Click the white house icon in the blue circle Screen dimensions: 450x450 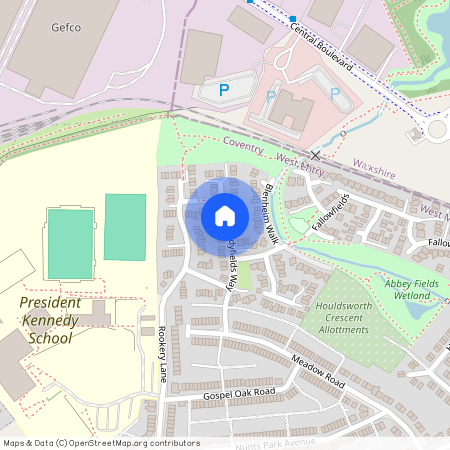point(225,215)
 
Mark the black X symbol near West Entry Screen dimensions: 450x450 point(316,155)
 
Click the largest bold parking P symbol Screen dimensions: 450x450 point(224,91)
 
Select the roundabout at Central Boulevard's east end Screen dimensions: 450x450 point(438,127)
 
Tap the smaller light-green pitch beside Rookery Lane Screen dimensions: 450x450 point(125,227)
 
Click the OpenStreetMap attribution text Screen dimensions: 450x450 point(100,443)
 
